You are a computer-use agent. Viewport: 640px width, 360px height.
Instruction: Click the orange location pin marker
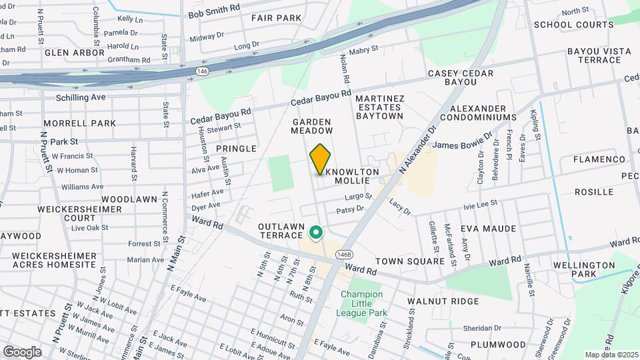tap(320, 159)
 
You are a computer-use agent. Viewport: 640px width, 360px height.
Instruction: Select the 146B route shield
tap(343, 255)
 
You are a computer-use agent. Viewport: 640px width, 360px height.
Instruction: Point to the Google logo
tap(21, 351)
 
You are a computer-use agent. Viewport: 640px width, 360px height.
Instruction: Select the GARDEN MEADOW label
tap(311, 127)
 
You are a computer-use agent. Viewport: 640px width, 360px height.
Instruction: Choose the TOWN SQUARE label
tap(409, 261)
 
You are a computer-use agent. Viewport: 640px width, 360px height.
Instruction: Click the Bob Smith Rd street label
tap(213, 13)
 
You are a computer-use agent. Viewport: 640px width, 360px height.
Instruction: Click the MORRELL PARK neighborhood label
tap(79, 123)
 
